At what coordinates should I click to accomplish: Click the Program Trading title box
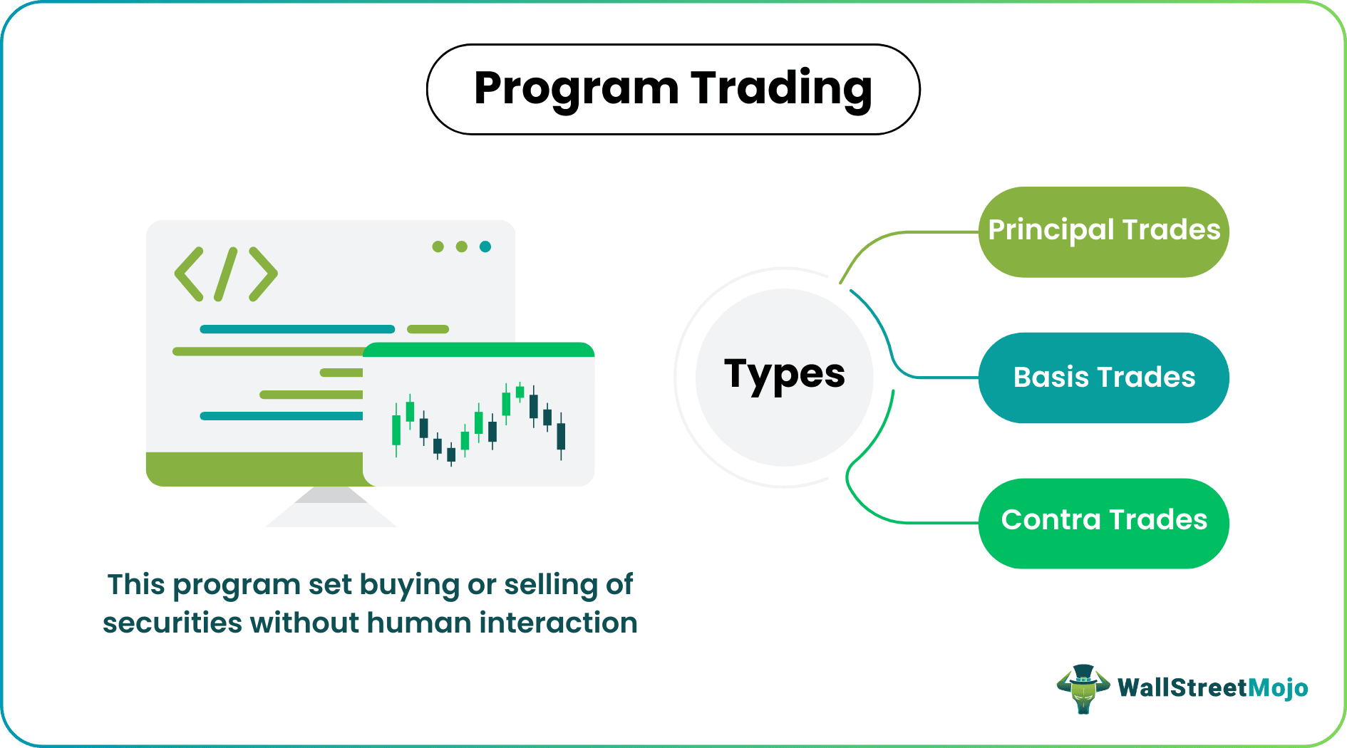[673, 90]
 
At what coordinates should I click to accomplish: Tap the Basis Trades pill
[1103, 378]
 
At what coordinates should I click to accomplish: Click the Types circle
[784, 377]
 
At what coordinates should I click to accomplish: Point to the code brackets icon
[226, 274]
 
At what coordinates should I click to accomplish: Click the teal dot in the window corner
[485, 246]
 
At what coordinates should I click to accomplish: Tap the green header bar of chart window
[478, 350]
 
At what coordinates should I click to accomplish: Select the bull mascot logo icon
[1083, 688]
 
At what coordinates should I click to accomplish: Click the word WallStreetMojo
[1212, 688]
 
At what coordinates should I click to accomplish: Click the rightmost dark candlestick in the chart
[561, 436]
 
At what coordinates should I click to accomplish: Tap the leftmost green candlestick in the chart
[396, 430]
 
